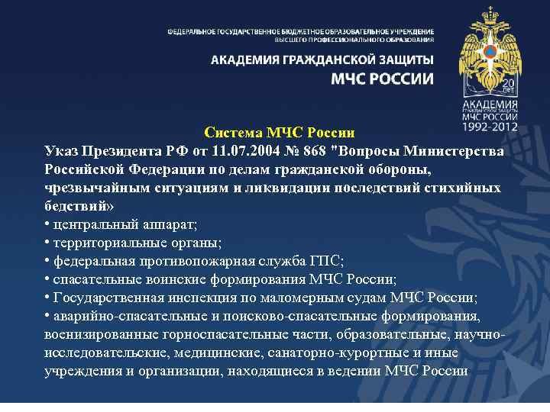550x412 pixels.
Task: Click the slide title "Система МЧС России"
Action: point(274,134)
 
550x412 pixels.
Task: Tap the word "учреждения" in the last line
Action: point(83,371)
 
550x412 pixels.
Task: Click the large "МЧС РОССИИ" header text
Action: point(381,79)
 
